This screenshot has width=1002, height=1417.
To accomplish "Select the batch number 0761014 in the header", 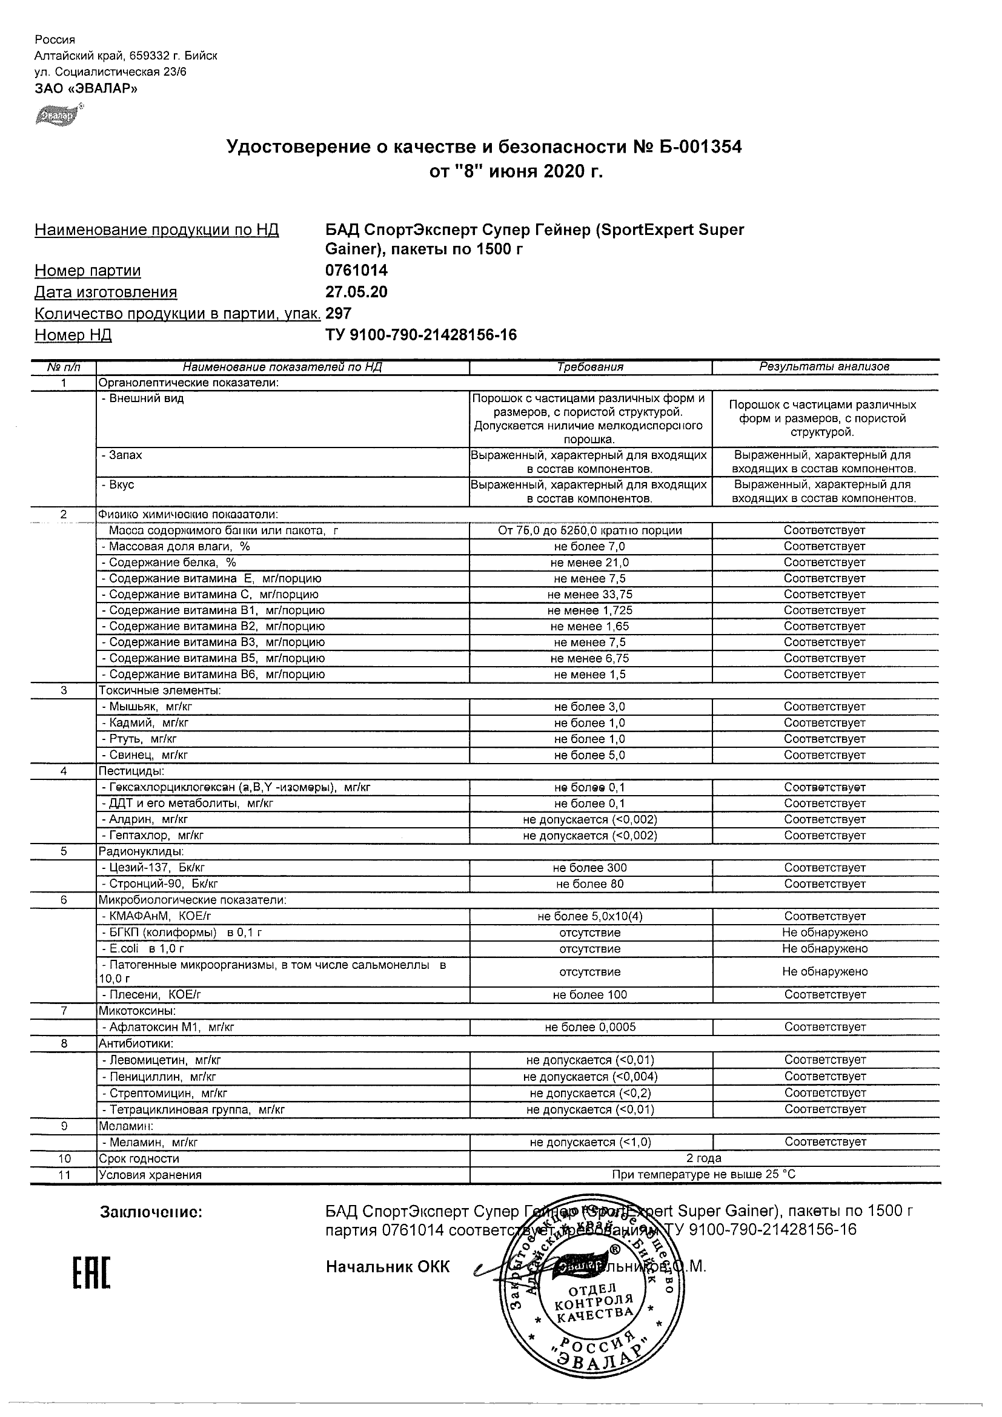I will pos(356,270).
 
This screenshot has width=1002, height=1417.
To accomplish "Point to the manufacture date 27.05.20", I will pos(356,292).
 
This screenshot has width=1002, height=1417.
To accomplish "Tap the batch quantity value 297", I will pos(338,314).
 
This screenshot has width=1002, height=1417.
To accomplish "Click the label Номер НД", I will pos(73,335).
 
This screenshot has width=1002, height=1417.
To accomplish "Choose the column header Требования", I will pos(590,367).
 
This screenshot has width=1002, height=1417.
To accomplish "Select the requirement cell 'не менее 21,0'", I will pos(590,563).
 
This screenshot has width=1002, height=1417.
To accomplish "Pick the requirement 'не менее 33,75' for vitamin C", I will pos(590,595).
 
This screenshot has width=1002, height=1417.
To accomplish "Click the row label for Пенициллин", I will pos(159,1077).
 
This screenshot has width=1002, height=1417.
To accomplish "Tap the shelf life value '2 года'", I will pos(704,1158).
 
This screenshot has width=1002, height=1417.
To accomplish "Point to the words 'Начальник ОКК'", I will pos(388,1267).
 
